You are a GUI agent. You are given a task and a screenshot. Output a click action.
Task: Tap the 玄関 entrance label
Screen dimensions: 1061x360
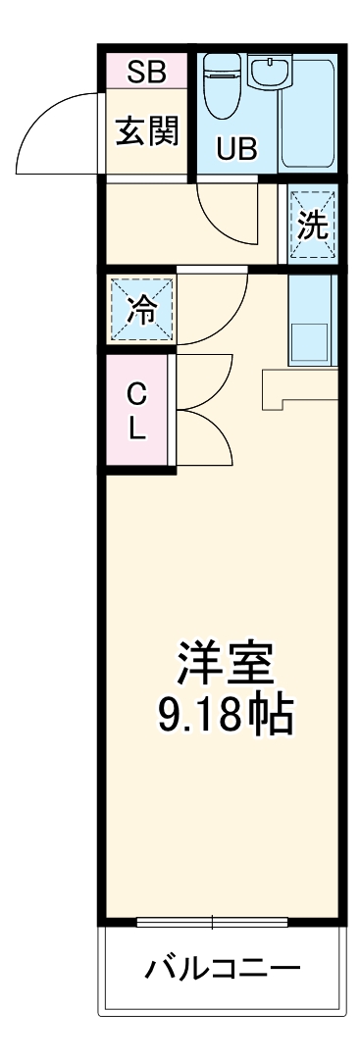tap(147, 132)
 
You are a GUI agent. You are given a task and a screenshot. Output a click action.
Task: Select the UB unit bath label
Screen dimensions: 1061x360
tap(235, 149)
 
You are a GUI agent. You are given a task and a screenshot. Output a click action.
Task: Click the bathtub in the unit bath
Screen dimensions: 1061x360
tap(308, 113)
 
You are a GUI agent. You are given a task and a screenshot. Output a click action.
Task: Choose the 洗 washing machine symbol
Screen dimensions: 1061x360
tap(313, 226)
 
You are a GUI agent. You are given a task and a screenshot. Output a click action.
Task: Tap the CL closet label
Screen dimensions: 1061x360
tap(138, 412)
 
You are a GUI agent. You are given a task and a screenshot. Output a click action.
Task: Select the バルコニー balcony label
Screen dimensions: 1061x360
tap(223, 971)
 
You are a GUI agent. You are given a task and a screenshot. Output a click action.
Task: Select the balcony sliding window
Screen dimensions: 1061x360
tap(212, 922)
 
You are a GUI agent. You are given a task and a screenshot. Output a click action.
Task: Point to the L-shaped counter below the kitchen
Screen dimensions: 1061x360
tap(294, 387)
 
